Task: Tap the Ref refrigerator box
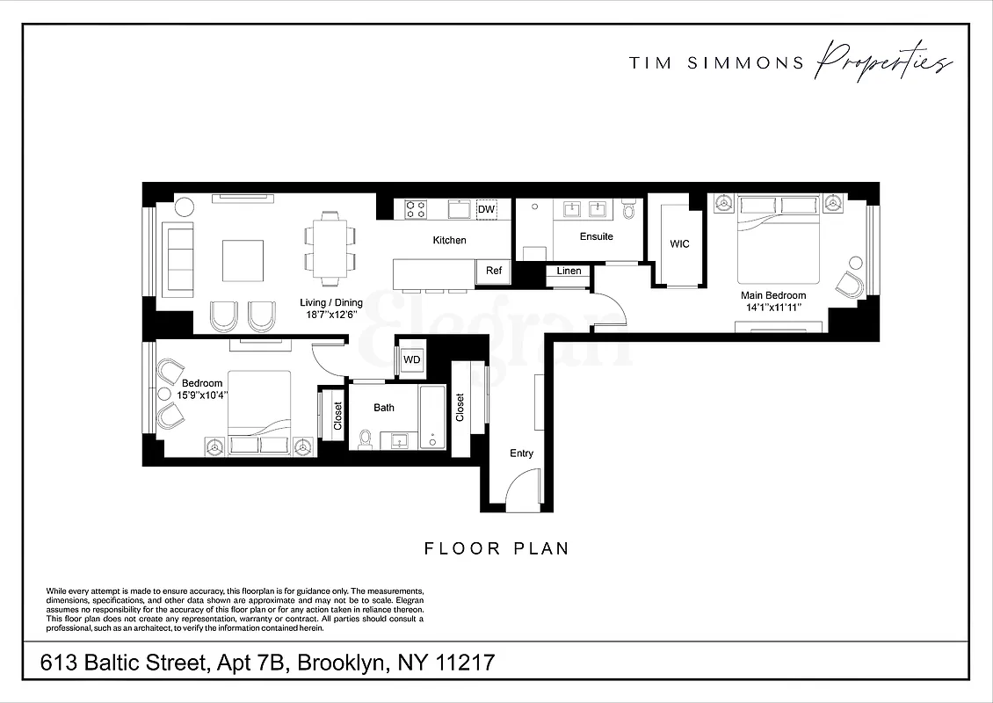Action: pos(494,272)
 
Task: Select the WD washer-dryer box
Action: pos(411,359)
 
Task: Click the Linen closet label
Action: pos(569,272)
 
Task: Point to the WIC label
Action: pos(679,244)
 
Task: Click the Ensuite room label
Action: pos(596,236)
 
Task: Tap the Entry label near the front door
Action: pos(521,453)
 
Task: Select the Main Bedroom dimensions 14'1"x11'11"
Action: pos(772,308)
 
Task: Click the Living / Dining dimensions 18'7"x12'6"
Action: pos(330,314)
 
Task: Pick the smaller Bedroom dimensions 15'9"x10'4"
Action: pos(202,395)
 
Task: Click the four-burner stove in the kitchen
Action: pos(415,209)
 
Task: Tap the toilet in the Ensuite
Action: pos(627,210)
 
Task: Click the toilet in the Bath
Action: pos(366,438)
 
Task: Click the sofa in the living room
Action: pos(180,258)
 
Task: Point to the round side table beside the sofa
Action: pos(185,207)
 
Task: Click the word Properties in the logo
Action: pos(882,63)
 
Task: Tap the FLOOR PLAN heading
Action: pos(496,548)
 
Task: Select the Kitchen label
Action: pos(449,240)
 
